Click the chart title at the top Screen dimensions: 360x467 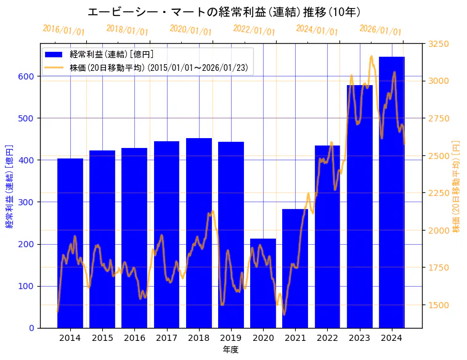click(224, 12)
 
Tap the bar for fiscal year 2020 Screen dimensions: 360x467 click(263, 283)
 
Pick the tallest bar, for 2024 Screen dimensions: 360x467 click(392, 192)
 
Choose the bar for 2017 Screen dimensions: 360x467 click(166, 234)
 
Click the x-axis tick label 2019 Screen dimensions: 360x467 click(231, 338)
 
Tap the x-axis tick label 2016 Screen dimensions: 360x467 click(134, 338)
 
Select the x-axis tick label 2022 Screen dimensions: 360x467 click(327, 338)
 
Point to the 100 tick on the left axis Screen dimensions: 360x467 click(29, 286)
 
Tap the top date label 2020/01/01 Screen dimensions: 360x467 click(190, 30)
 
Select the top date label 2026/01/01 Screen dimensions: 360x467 click(380, 30)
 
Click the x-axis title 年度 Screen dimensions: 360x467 click(231, 350)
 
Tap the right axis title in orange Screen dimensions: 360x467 click(457, 186)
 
